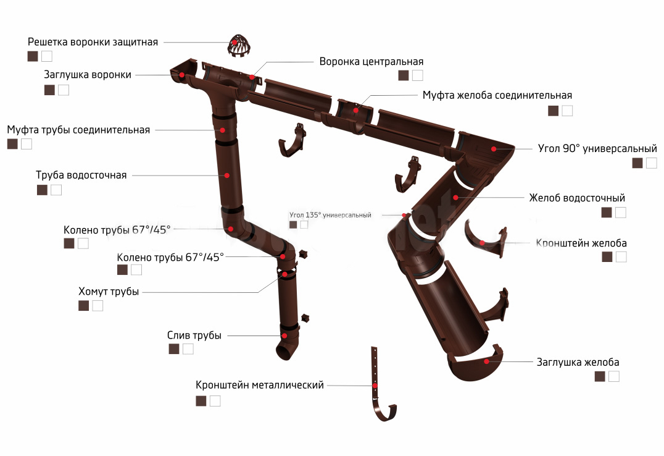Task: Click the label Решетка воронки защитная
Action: (x=93, y=42)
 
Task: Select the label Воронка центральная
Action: (x=371, y=62)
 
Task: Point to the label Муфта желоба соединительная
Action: (x=497, y=95)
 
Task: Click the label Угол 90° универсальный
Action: (x=597, y=148)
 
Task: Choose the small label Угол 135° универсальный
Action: (x=330, y=215)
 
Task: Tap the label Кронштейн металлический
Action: (x=260, y=385)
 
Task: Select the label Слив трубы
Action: (x=194, y=336)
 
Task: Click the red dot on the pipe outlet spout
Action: (x=284, y=336)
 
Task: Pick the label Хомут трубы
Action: (x=109, y=292)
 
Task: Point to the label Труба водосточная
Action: (x=81, y=175)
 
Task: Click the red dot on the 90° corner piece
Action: (x=494, y=149)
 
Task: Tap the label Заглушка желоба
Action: (x=578, y=362)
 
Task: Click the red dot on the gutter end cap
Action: (x=487, y=361)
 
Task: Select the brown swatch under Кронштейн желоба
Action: (x=607, y=256)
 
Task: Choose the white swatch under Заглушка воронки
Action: (x=64, y=90)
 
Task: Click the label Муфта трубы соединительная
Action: (x=78, y=130)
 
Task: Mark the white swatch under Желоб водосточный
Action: (x=620, y=212)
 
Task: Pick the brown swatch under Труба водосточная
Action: (x=43, y=190)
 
